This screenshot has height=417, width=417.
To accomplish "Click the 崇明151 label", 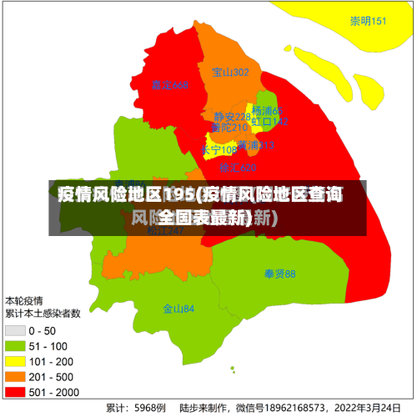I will pyautogui.click(x=368, y=21).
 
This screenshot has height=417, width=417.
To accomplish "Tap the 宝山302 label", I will pyautogui.click(x=230, y=73).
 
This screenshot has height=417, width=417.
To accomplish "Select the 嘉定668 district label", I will pyautogui.click(x=169, y=85).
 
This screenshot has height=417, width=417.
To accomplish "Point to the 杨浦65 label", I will pyautogui.click(x=268, y=111).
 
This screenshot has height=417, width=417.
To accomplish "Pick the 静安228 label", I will pyautogui.click(x=231, y=117).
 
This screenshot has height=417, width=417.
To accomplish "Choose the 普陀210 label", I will pyautogui.click(x=229, y=128).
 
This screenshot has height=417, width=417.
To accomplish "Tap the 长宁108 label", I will pyautogui.click(x=219, y=150).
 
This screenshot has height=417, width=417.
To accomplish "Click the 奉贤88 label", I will pyautogui.click(x=280, y=274).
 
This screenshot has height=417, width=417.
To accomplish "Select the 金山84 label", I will pyautogui.click(x=178, y=308).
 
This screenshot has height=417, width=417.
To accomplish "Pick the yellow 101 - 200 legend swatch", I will pyautogui.click(x=16, y=362).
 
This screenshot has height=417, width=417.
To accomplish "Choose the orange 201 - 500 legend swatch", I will pyautogui.click(x=16, y=377).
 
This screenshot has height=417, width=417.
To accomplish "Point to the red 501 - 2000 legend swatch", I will pyautogui.click(x=16, y=392).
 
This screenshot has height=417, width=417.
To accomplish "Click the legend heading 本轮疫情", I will pyautogui.click(x=25, y=300).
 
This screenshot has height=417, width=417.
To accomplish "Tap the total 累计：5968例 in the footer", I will pyautogui.click(x=135, y=408).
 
